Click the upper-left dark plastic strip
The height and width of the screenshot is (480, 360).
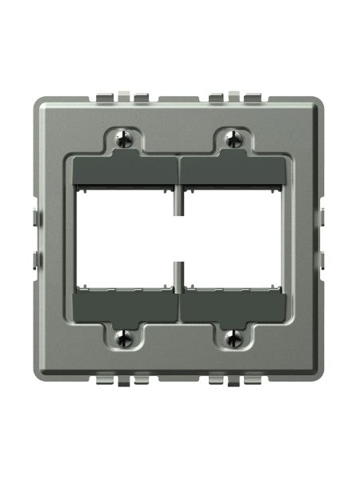(x=125, y=171)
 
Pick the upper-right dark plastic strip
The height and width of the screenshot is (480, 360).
(x=233, y=171)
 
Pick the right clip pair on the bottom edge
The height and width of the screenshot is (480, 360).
(x=233, y=377)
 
